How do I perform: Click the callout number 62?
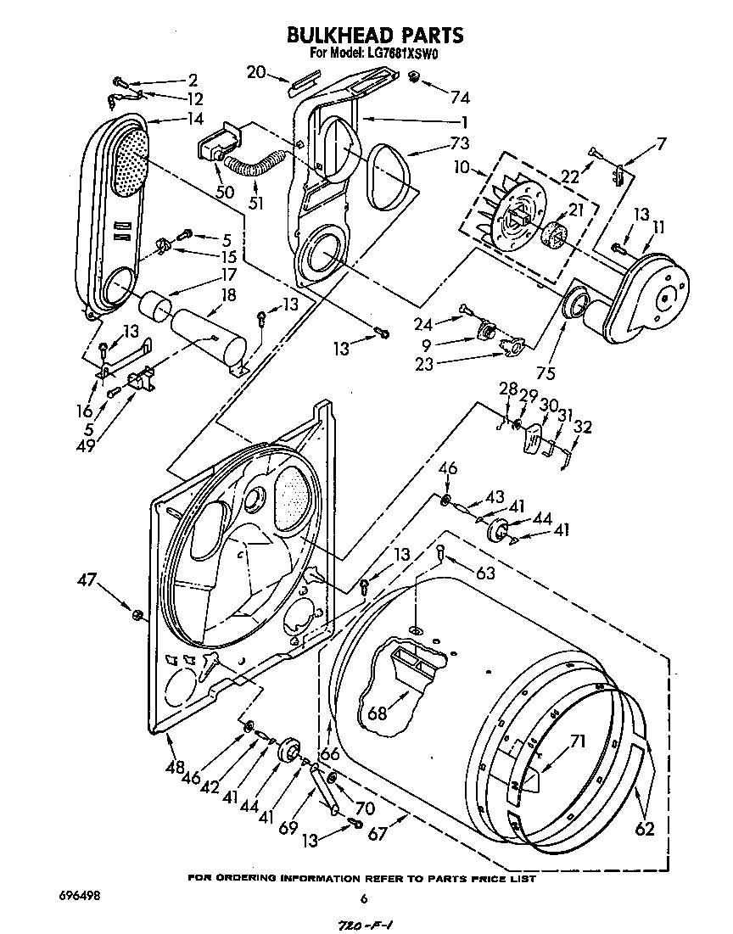pyautogui.click(x=645, y=828)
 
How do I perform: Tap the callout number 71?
pyautogui.click(x=577, y=742)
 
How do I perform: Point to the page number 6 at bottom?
pyautogui.click(x=364, y=899)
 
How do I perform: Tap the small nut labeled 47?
pyautogui.click(x=136, y=612)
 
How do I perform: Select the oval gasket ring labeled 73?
pyautogui.click(x=390, y=173)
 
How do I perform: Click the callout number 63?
pyautogui.click(x=485, y=573)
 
